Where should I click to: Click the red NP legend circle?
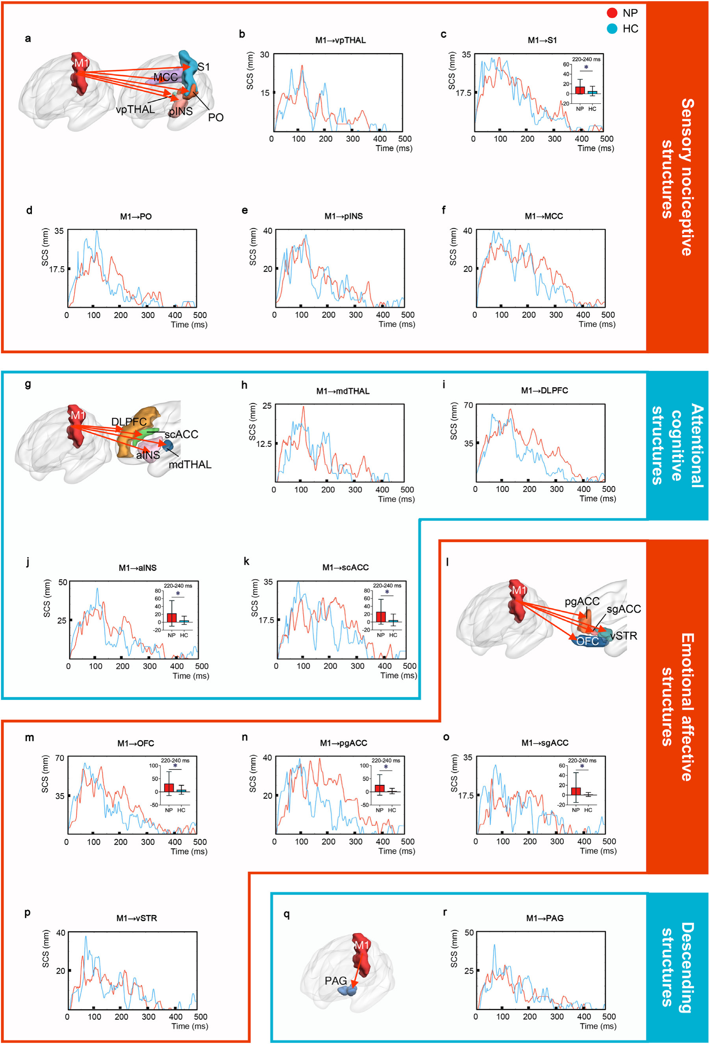click(x=612, y=13)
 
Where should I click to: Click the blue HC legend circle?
click(x=612, y=29)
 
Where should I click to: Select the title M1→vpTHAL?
click(x=340, y=41)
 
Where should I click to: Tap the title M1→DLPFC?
click(x=544, y=390)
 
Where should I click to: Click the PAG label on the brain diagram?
click(x=335, y=981)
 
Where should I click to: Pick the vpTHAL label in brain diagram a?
click(x=135, y=109)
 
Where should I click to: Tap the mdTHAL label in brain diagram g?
click(x=190, y=464)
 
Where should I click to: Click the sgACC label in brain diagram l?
click(x=624, y=609)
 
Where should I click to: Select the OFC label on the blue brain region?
click(x=587, y=641)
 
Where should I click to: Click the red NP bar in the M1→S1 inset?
click(x=580, y=90)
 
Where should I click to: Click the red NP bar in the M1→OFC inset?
click(x=169, y=788)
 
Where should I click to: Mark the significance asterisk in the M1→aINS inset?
click(x=178, y=594)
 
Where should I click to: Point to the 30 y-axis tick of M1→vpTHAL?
click(x=264, y=55)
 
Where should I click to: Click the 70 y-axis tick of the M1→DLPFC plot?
click(x=469, y=405)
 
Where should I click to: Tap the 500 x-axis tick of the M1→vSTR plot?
click(x=201, y=1016)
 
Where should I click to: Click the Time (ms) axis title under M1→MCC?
click(x=596, y=324)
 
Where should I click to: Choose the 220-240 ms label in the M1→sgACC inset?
click(x=582, y=760)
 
